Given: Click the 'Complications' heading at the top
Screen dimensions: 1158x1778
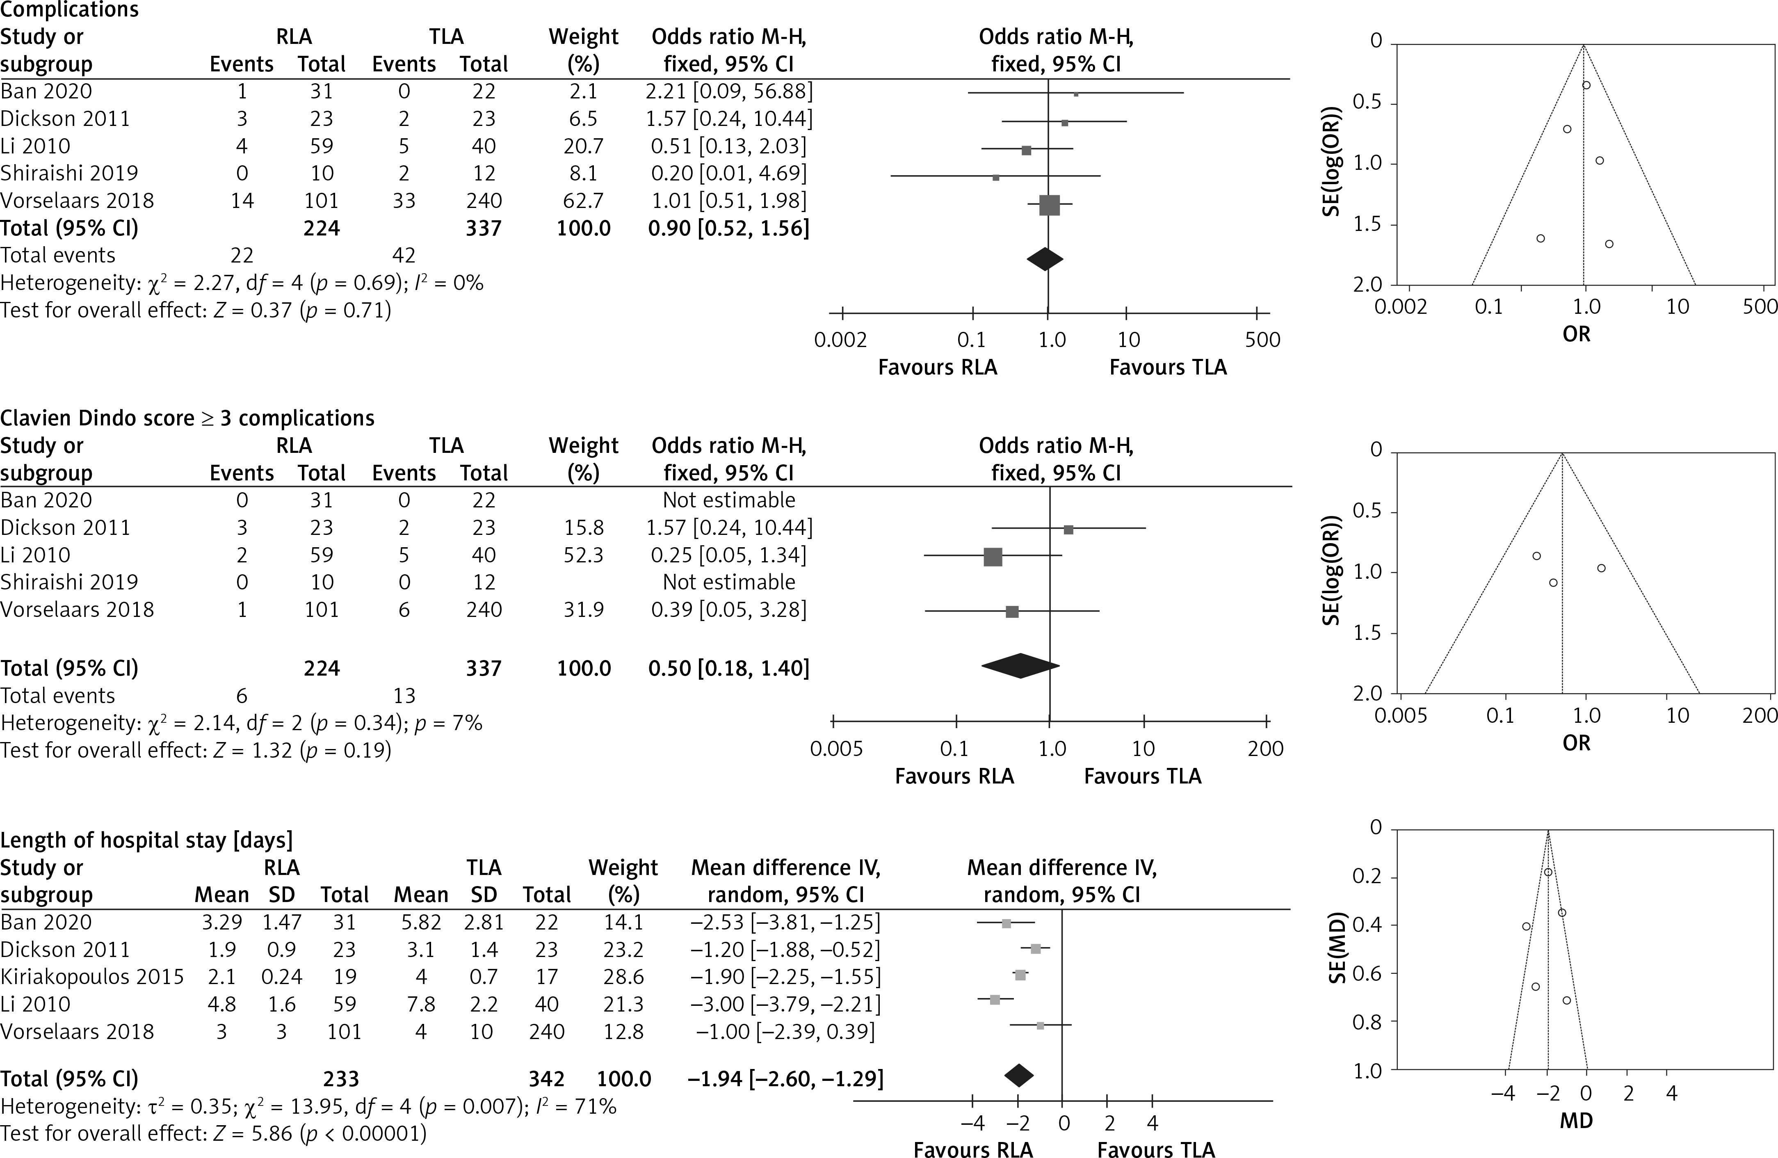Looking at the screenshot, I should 69,10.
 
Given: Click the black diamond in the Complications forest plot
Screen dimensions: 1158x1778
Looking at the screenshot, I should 1045,259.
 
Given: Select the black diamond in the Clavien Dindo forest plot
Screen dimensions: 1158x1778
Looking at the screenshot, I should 1020,666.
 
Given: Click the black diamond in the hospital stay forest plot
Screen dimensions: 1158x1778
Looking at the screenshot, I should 1019,1075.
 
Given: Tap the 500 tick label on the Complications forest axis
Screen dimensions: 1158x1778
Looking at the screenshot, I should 1262,340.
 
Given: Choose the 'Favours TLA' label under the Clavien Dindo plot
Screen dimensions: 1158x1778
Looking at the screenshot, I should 1142,776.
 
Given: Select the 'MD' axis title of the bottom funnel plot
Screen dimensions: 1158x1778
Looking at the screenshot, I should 1576,1121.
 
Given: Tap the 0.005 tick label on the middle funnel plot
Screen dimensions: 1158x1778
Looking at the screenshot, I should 1400,716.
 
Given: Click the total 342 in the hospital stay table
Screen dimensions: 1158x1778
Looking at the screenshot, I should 546,1079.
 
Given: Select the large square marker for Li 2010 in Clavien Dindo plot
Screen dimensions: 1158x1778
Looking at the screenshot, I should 993,557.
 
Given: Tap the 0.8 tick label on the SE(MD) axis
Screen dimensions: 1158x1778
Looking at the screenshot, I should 1368,1022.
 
